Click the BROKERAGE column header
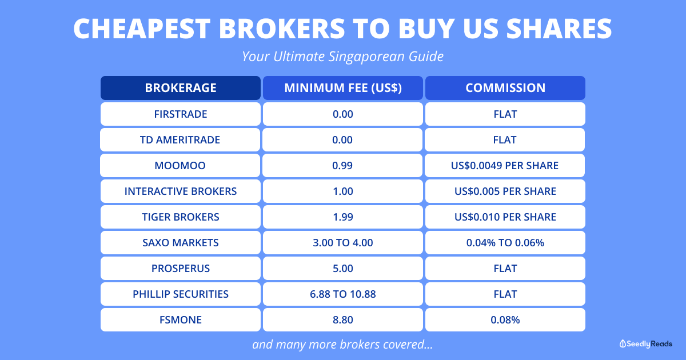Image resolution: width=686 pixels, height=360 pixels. (181, 88)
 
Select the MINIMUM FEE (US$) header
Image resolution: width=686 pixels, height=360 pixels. (343, 88)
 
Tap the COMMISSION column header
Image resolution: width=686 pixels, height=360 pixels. (505, 88)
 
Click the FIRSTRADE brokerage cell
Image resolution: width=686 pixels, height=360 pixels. (181, 114)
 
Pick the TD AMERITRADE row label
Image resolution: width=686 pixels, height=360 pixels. (180, 139)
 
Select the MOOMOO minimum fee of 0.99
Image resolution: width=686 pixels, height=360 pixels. (342, 165)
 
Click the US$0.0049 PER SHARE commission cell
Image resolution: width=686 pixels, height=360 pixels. (505, 165)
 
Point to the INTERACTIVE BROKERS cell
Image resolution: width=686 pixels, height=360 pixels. (181, 191)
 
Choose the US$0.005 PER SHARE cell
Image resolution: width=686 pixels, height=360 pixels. (505, 191)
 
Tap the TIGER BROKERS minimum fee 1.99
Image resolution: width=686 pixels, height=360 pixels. (343, 217)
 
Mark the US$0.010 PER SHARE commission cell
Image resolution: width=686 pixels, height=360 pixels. (505, 217)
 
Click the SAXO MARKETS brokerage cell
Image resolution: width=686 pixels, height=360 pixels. (181, 242)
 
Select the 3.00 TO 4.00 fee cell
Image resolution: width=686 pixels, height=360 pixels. (343, 242)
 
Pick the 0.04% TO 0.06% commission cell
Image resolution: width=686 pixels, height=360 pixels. (505, 242)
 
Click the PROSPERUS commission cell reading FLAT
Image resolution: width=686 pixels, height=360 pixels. (505, 268)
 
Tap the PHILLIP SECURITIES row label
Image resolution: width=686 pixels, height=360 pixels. (181, 294)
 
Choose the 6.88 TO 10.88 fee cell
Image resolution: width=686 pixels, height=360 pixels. (343, 294)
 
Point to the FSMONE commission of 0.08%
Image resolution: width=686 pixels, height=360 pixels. (505, 319)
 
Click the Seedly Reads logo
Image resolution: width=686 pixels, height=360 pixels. (646, 344)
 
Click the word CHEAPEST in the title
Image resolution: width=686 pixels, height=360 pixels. (142, 29)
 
